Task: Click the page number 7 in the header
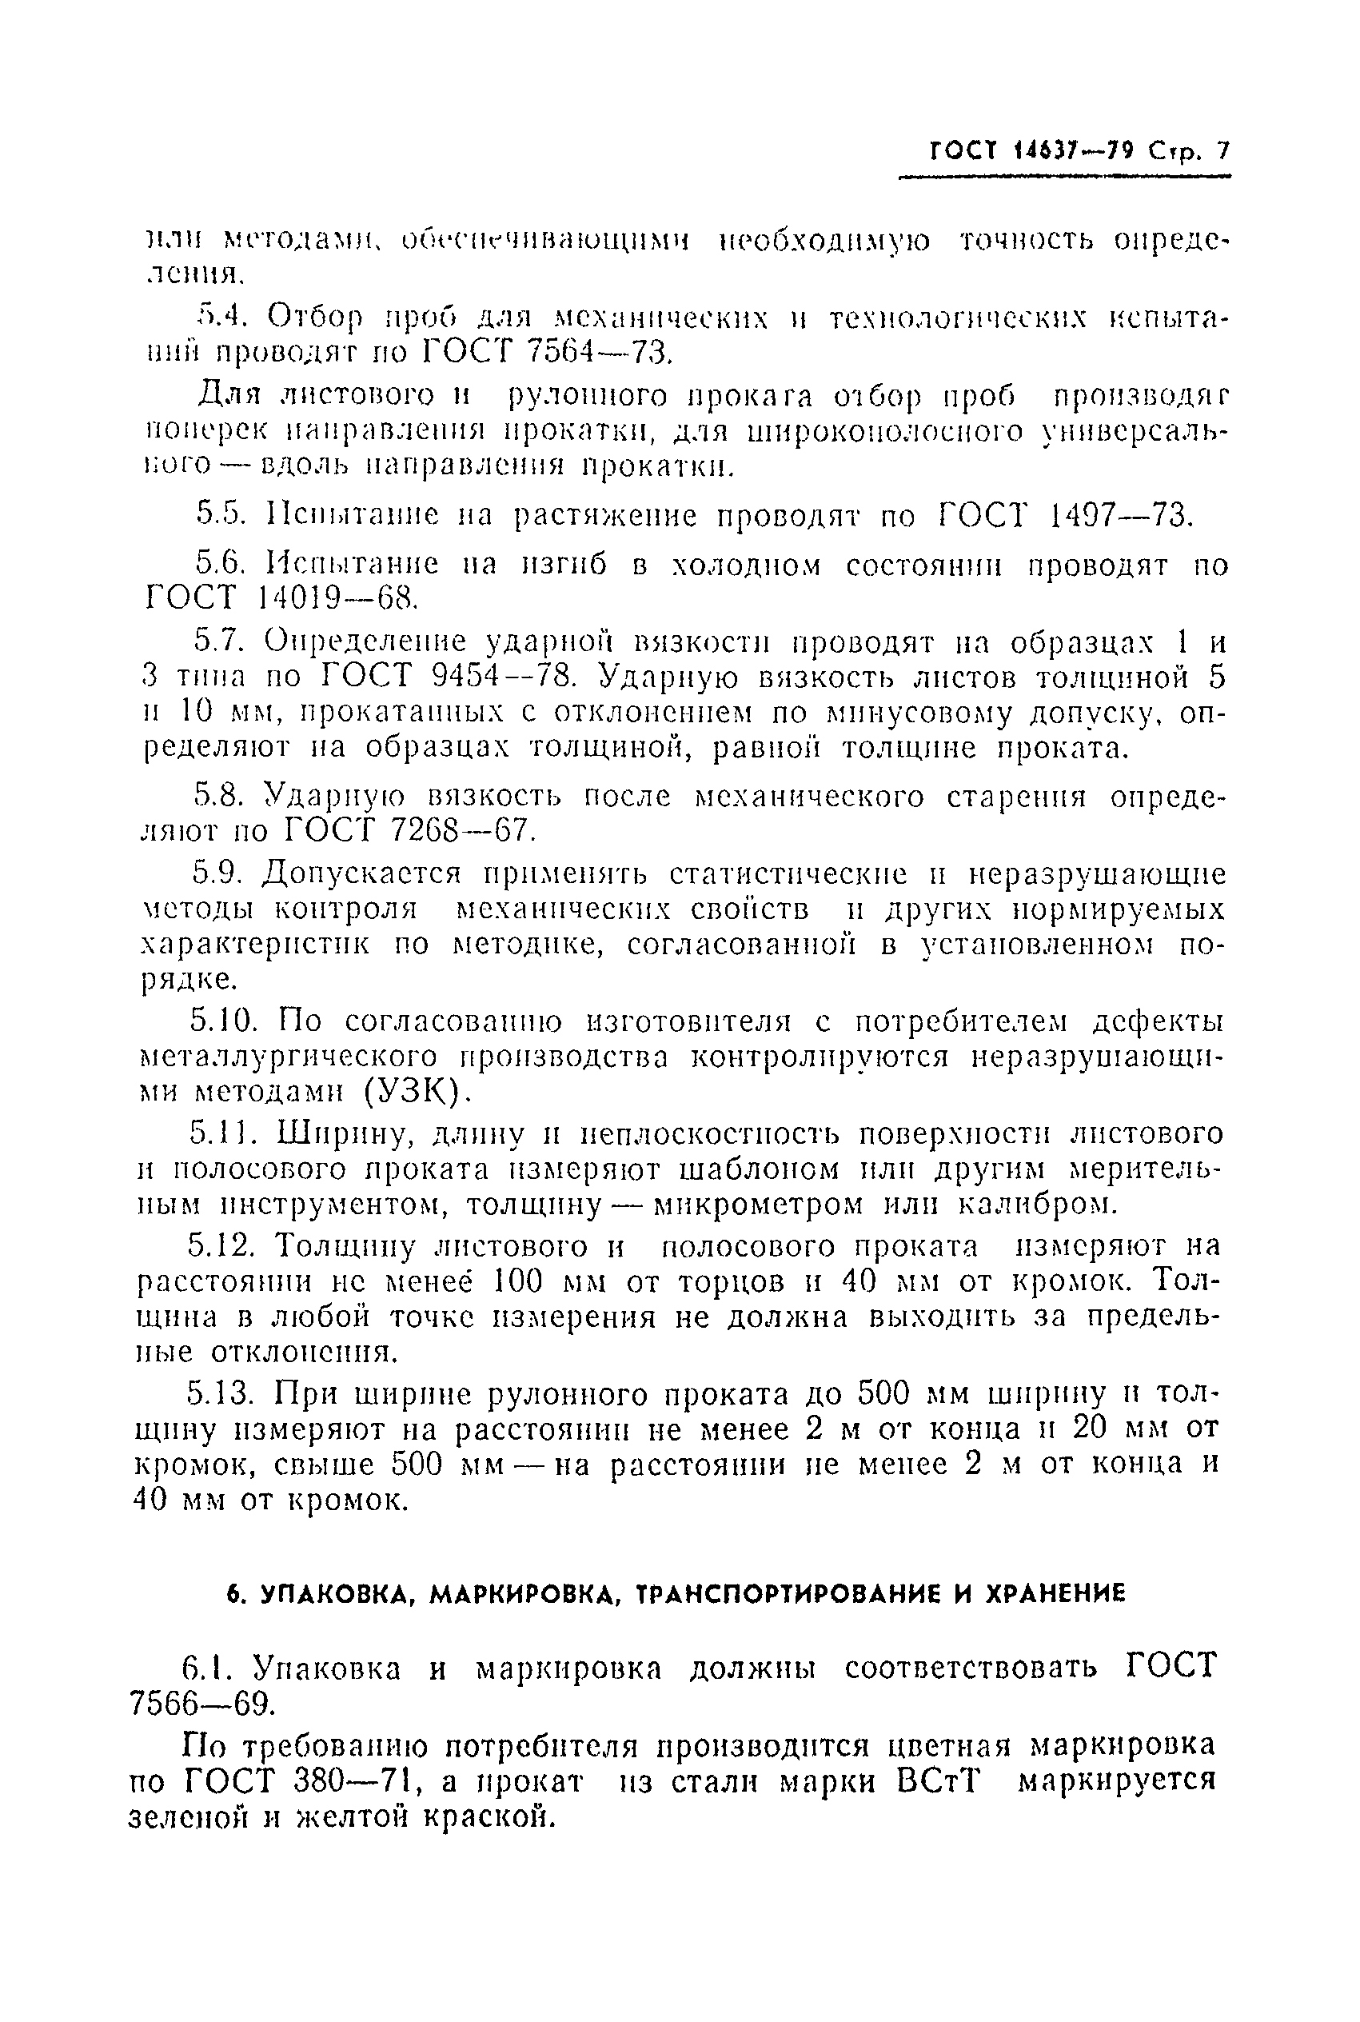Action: tap(1223, 151)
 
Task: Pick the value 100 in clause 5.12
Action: tap(517, 1281)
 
